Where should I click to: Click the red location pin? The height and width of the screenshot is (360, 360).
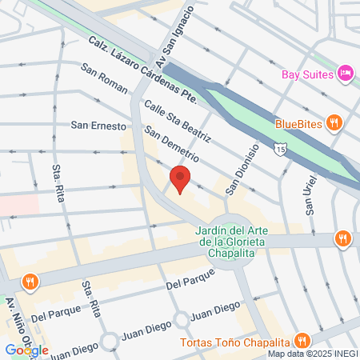[180, 180]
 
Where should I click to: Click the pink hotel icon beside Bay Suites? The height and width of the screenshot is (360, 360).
[346, 74]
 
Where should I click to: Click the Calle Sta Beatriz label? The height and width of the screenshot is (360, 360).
[177, 120]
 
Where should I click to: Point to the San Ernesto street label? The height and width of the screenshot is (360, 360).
[98, 126]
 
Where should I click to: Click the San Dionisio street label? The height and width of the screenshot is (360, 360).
[242, 169]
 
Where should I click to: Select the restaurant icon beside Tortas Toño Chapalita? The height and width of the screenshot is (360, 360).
[302, 339]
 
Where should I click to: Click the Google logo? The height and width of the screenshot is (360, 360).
[27, 350]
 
